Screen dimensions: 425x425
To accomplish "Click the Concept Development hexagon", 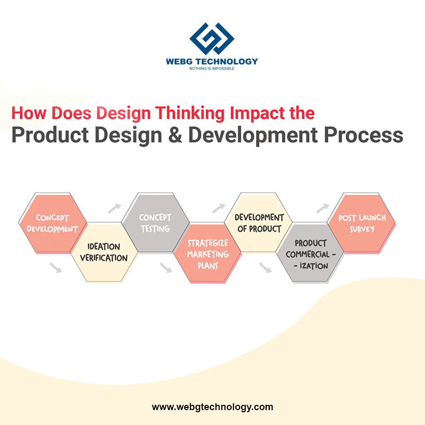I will [53, 223].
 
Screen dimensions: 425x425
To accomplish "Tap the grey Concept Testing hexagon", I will [155, 223].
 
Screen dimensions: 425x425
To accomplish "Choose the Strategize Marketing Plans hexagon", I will [207, 253].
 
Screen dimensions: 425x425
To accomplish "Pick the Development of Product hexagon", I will [258, 223].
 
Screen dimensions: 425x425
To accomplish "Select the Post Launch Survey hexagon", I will [361, 223].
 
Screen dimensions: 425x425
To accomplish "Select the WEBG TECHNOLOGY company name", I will [212, 61].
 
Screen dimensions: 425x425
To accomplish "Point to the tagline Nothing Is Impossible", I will [212, 69].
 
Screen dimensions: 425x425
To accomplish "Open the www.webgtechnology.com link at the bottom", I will [212, 407].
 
